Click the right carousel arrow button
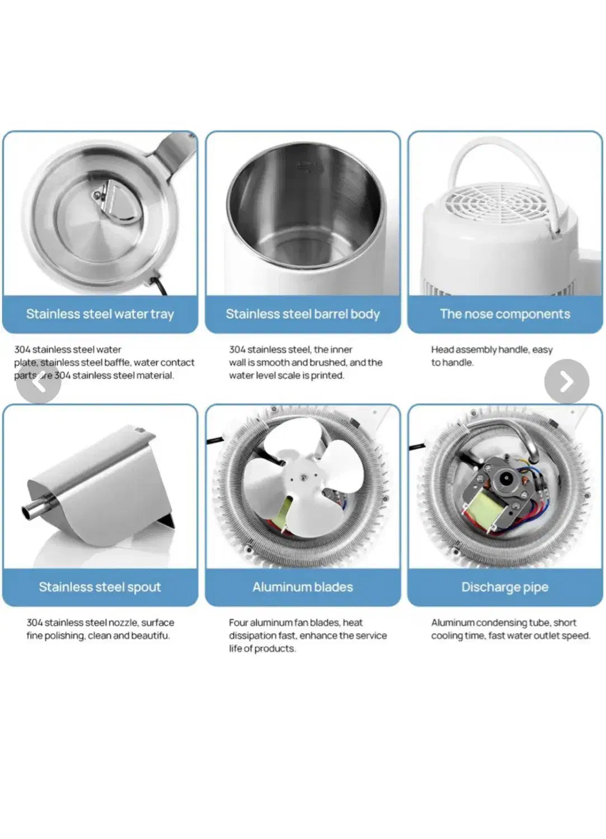[566, 381]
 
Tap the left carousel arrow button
[39, 381]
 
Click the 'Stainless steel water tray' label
[100, 314]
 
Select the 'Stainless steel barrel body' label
[303, 314]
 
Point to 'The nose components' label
[505, 314]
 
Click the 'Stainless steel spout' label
[100, 587]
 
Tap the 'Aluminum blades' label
[303, 587]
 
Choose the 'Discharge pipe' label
[505, 587]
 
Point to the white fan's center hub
[302, 477]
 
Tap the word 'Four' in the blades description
[238, 623]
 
